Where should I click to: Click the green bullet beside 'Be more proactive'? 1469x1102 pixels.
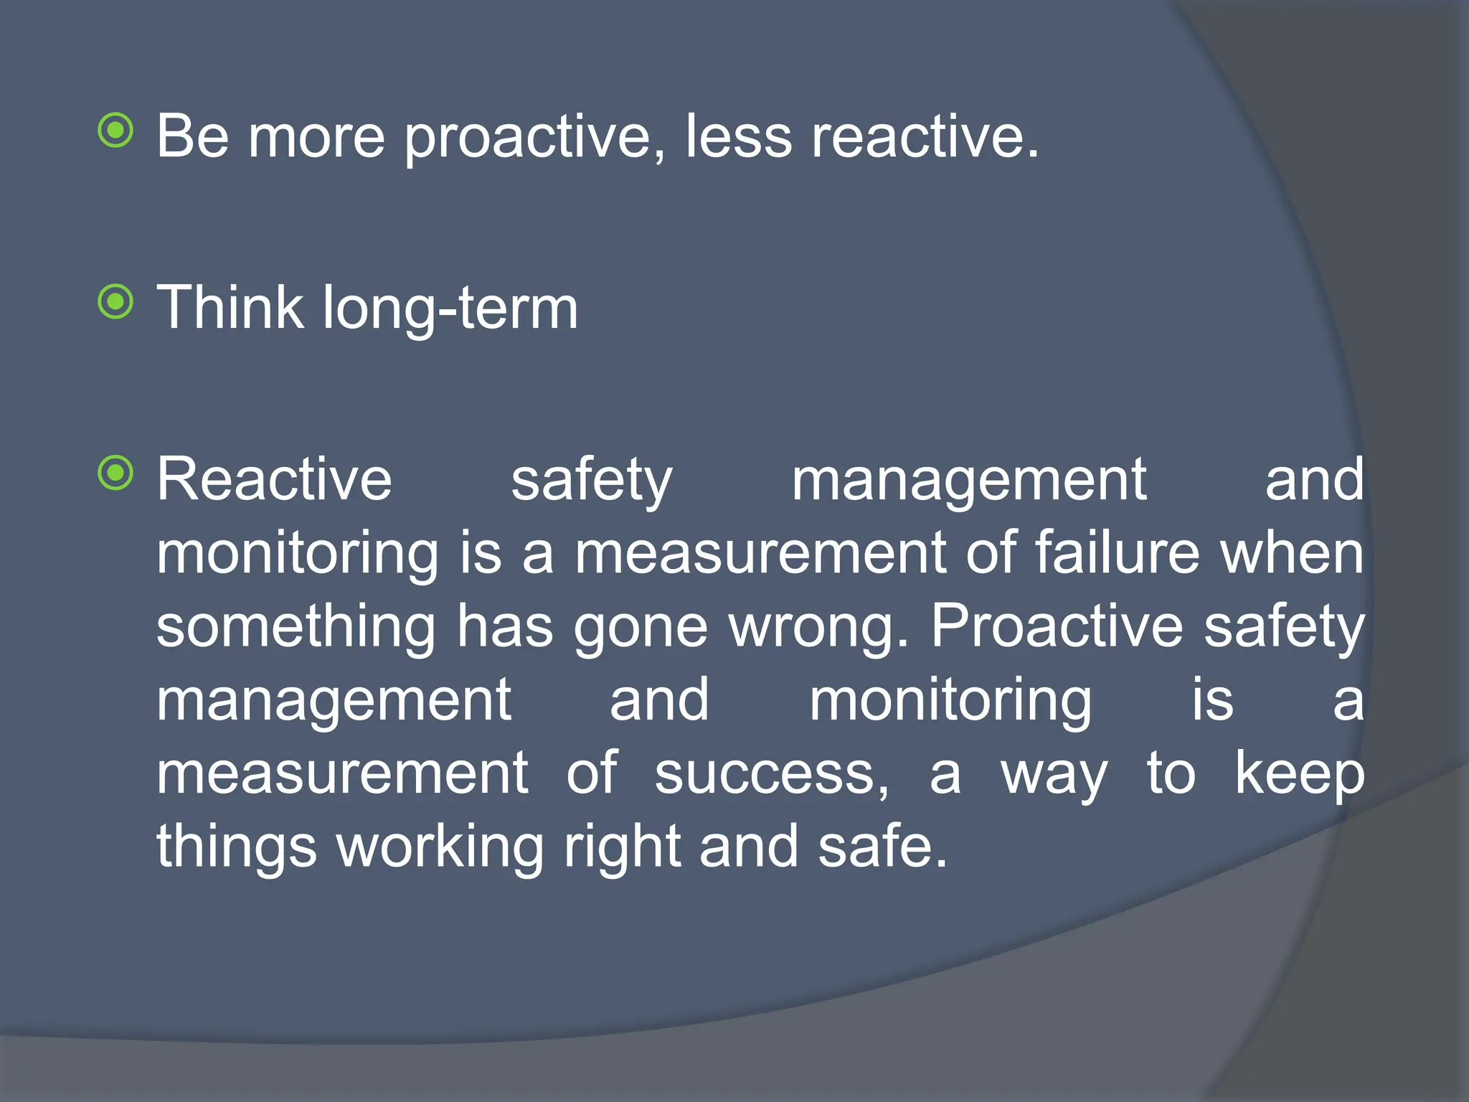pyautogui.click(x=115, y=131)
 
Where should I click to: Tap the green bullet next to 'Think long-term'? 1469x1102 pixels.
pyautogui.click(x=115, y=301)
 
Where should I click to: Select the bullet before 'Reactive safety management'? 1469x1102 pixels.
pyautogui.click(x=115, y=474)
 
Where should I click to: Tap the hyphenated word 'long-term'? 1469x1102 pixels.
pyautogui.click(x=450, y=309)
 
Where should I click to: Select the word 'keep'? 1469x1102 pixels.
pyautogui.click(x=1299, y=775)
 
